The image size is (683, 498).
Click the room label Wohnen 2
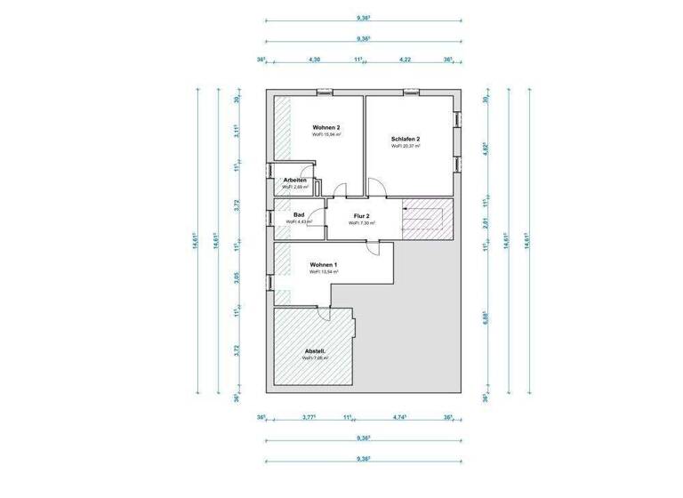click(x=326, y=128)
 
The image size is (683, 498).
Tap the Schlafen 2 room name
click(x=405, y=139)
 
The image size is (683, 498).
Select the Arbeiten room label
click(x=294, y=181)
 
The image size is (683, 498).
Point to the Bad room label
click(x=298, y=214)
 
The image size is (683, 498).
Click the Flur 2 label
click(x=362, y=216)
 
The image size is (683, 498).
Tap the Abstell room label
click(x=315, y=351)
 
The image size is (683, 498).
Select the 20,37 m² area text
click(x=405, y=146)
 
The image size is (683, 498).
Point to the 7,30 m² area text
click(x=362, y=223)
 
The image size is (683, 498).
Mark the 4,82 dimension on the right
click(x=486, y=148)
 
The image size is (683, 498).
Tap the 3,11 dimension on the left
click(x=237, y=132)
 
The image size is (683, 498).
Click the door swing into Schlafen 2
click(x=377, y=188)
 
